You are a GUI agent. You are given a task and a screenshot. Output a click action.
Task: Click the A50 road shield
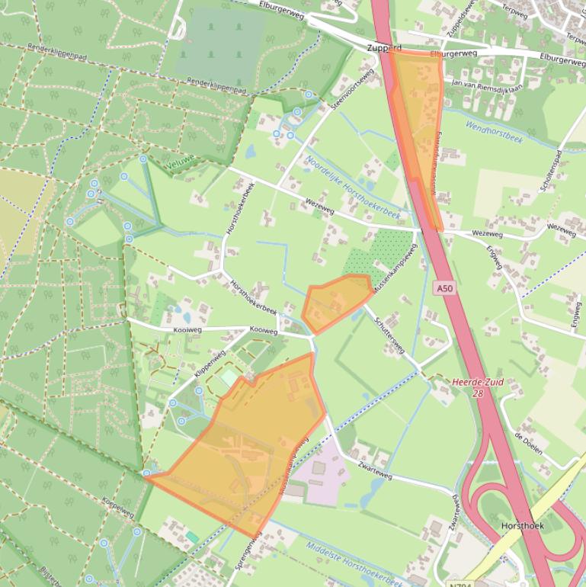(446, 288)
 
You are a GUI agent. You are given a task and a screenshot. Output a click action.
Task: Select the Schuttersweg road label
(391, 338)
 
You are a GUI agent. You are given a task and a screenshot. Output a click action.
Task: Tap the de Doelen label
(527, 443)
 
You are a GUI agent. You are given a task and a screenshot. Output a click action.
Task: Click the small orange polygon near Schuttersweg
(337, 302)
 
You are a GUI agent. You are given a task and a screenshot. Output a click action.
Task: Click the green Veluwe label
(180, 162)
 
